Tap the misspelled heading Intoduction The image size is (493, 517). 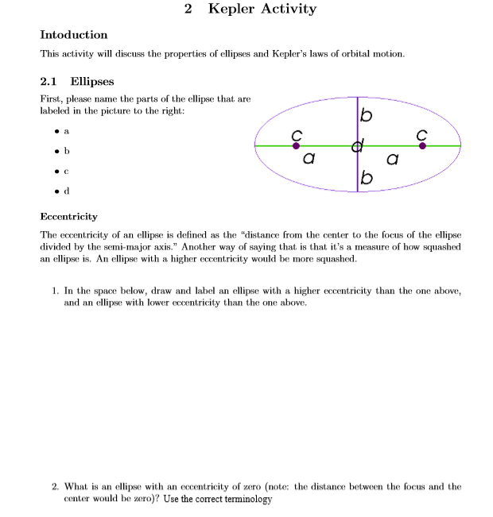[73, 35]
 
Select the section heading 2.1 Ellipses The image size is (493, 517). [77, 81]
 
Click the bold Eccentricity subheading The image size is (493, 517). [68, 216]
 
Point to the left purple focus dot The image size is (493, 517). [296, 146]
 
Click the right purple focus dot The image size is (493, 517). [422, 146]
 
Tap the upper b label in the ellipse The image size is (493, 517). [366, 117]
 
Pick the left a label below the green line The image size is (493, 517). [309, 160]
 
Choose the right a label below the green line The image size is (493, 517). [391, 160]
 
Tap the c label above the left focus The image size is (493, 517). [296, 133]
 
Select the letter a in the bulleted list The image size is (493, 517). [67, 130]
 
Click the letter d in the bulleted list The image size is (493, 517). [67, 191]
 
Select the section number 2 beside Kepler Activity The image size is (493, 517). [188, 10]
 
